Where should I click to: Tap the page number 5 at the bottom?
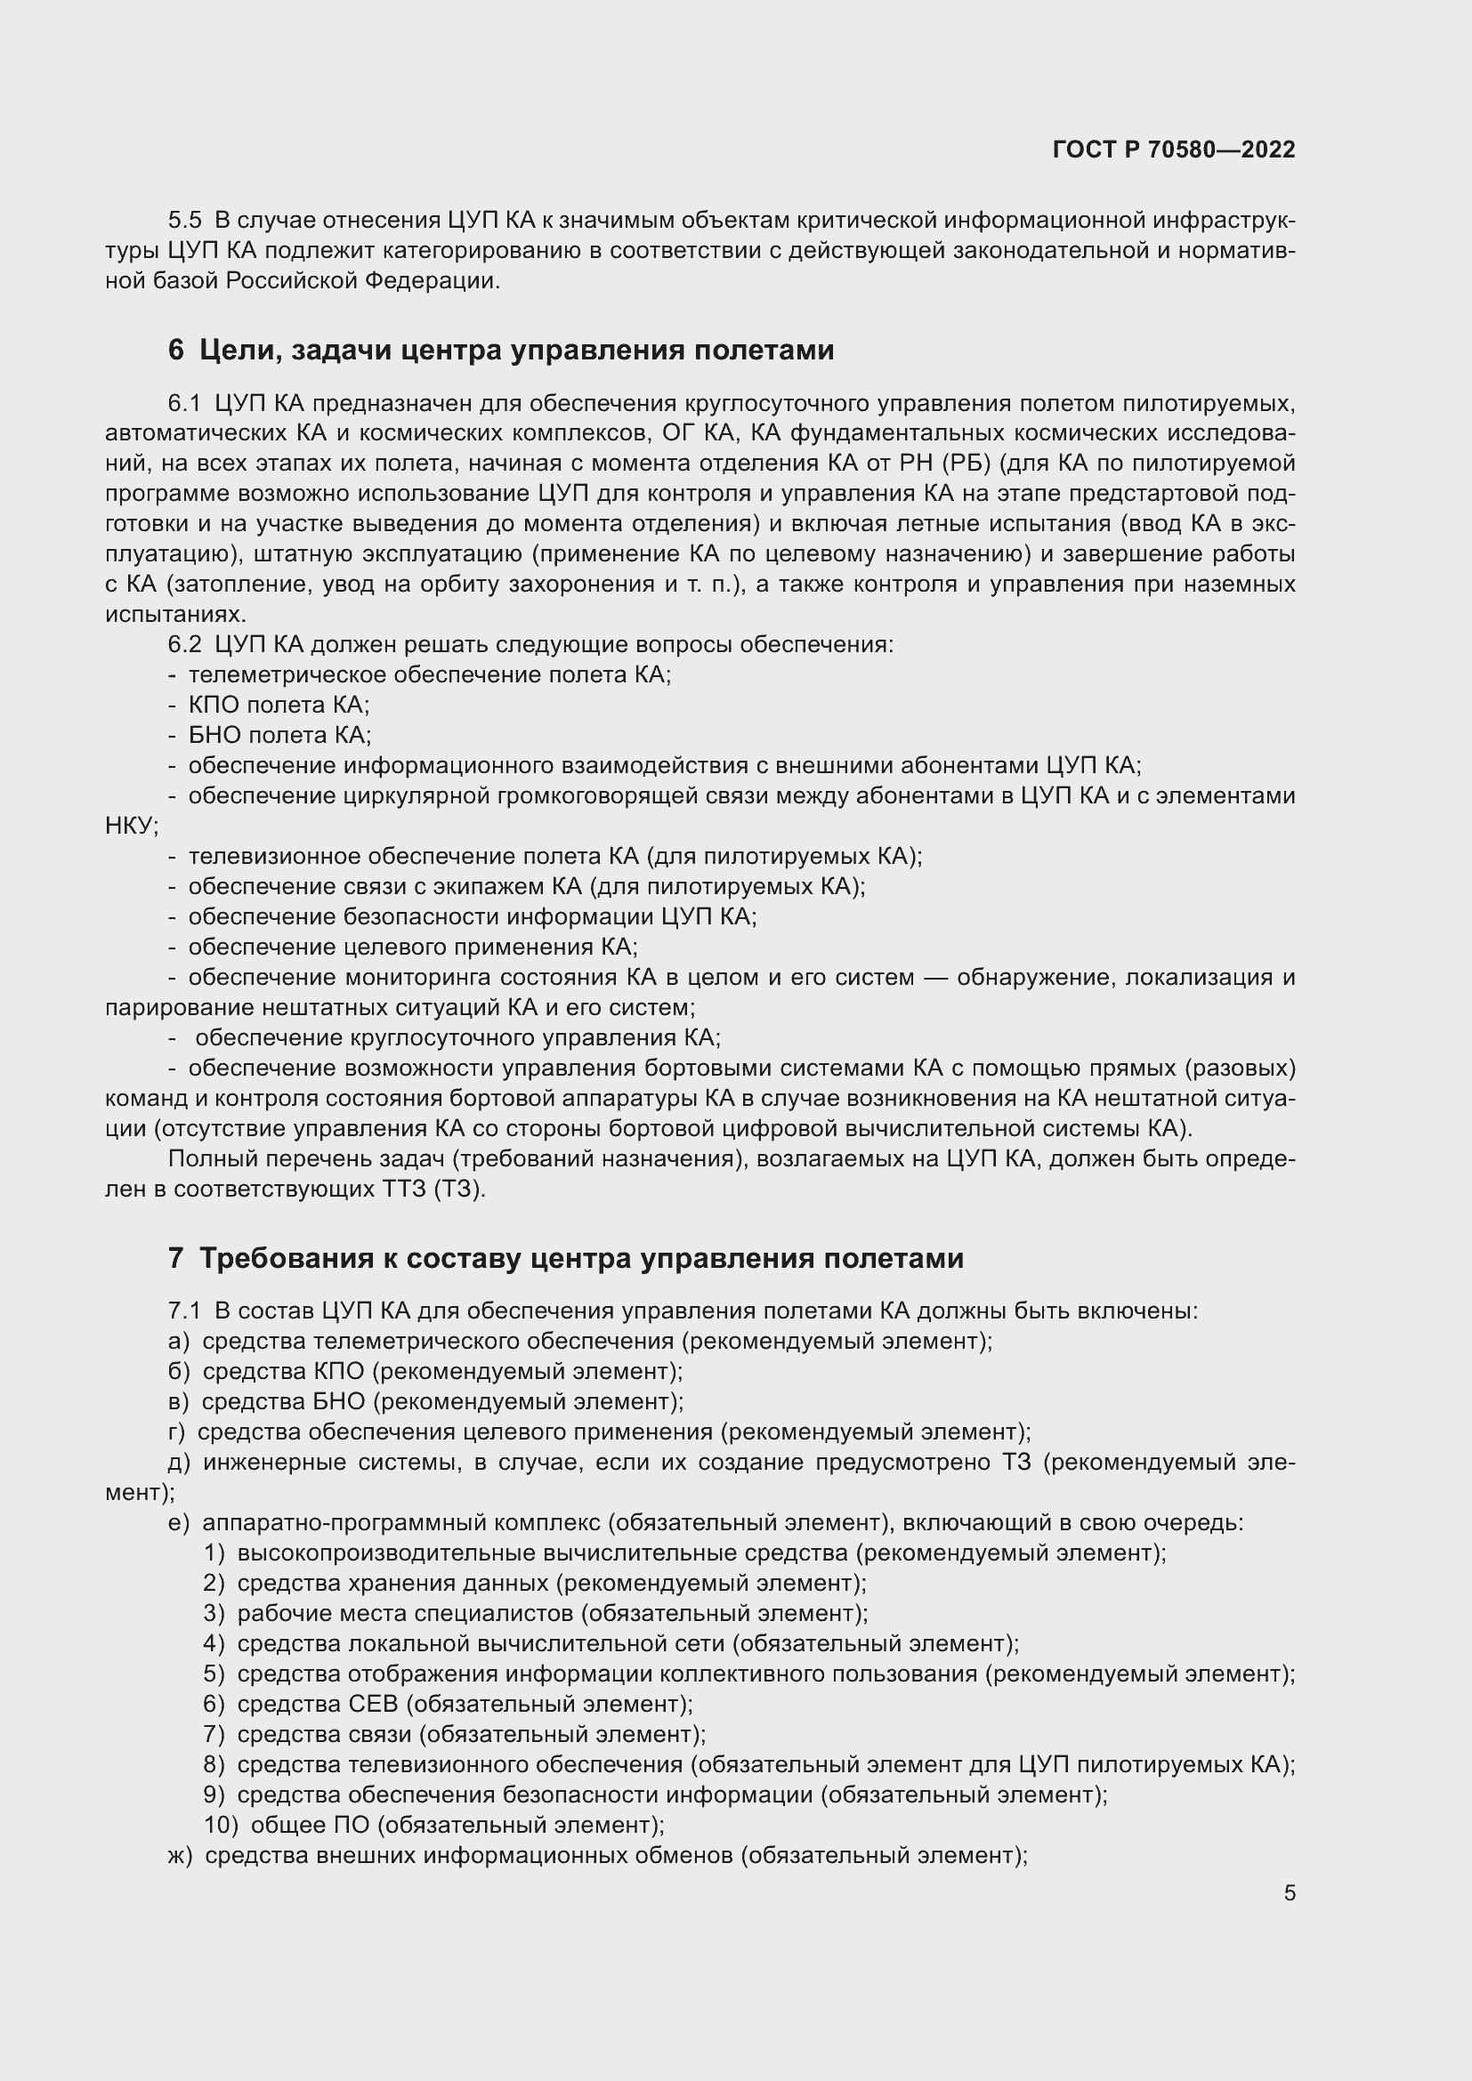pyautogui.click(x=1289, y=1892)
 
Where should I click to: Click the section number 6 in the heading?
pyautogui.click(x=176, y=350)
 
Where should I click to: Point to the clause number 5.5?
pyautogui.click(x=185, y=221)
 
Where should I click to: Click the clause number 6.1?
pyautogui.click(x=184, y=403)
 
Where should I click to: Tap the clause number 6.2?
pyautogui.click(x=185, y=644)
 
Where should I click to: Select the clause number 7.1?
pyautogui.click(x=184, y=1311)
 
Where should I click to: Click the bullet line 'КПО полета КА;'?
pyautogui.click(x=279, y=706)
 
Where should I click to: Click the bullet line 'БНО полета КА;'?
pyautogui.click(x=279, y=735)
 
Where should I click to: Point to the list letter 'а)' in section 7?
pyautogui.click(x=179, y=1342)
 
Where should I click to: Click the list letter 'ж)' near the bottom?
pyautogui.click(x=181, y=1855)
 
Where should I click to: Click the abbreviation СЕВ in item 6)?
pyautogui.click(x=373, y=1704)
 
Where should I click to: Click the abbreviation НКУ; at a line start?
pyautogui.click(x=132, y=827)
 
